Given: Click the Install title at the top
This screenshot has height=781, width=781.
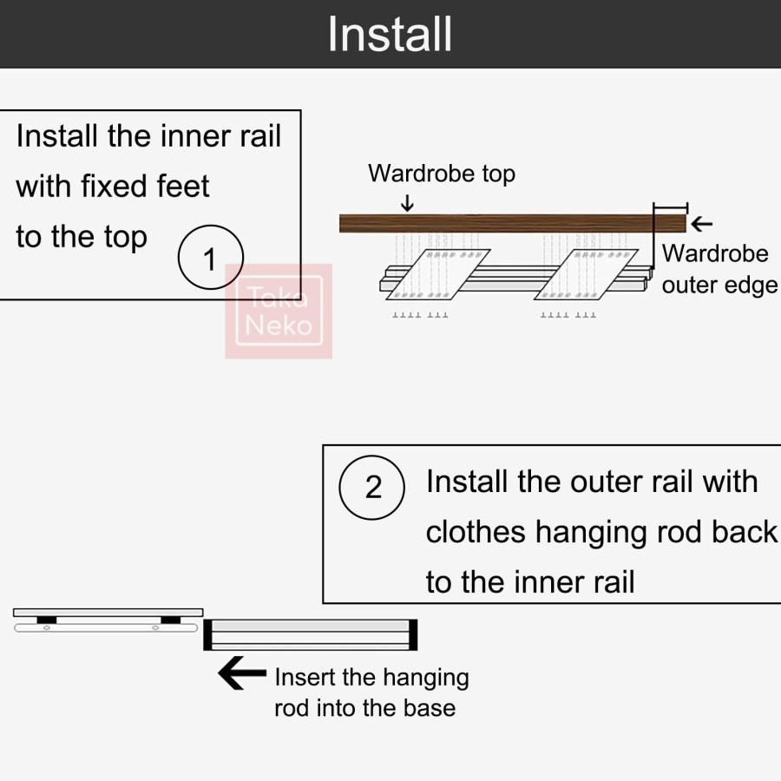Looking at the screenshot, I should pos(390,34).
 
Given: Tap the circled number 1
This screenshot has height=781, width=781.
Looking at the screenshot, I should pos(209,258).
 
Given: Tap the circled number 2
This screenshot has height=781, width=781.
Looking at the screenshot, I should pos(372,488).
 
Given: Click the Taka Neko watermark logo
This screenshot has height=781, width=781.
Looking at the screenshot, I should pos(279,312).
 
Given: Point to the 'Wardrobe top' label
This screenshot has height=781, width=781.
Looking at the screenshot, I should pos(441,174).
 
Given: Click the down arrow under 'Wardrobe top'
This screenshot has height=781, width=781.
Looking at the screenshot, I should pos(408,203).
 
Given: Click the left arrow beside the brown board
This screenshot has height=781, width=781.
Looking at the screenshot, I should pos(701,224).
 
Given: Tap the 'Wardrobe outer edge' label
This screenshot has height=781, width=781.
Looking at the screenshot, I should pos(719,269).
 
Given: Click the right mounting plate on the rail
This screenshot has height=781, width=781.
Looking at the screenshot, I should pos(593,273).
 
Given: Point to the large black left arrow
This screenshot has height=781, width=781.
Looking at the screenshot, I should pos(242,673).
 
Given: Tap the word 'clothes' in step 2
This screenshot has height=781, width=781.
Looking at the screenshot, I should pos(476,532).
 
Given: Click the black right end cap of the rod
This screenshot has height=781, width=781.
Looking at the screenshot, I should pos(413,634).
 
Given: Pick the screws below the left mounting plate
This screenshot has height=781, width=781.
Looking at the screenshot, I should pos(421,315).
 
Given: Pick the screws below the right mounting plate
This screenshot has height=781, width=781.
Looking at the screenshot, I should pos(568,315).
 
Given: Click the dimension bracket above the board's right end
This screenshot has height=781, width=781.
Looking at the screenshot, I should pos(670,207).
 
